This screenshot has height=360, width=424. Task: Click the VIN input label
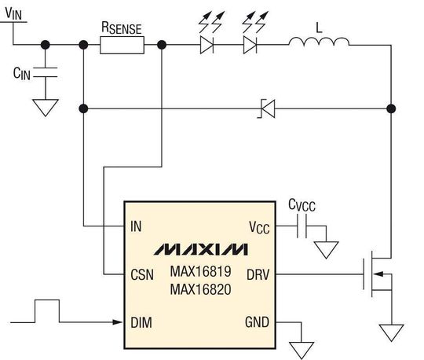[13, 13]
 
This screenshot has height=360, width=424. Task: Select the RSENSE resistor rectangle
[122, 45]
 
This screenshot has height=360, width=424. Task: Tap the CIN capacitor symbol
[46, 72]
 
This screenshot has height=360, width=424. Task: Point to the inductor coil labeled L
[319, 42]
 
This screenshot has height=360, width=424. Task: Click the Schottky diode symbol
[267, 108]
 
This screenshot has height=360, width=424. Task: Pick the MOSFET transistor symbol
[377, 274]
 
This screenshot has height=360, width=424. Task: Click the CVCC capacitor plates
[302, 226]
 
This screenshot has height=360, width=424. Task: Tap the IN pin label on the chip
[136, 226]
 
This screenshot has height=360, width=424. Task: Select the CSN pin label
[142, 274]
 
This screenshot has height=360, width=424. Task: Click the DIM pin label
[141, 322]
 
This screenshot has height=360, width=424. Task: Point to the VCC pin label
[259, 227]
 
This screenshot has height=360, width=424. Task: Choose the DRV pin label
[258, 274]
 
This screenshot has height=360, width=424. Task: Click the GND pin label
[257, 322]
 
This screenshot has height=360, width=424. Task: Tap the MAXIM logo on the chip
[201, 249]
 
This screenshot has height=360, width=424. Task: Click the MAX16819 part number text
[201, 271]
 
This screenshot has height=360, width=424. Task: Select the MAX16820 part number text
[201, 289]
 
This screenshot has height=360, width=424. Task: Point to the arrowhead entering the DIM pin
[117, 322]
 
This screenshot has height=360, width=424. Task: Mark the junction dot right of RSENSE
[162, 45]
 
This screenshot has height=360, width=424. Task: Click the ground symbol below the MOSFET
[391, 332]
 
